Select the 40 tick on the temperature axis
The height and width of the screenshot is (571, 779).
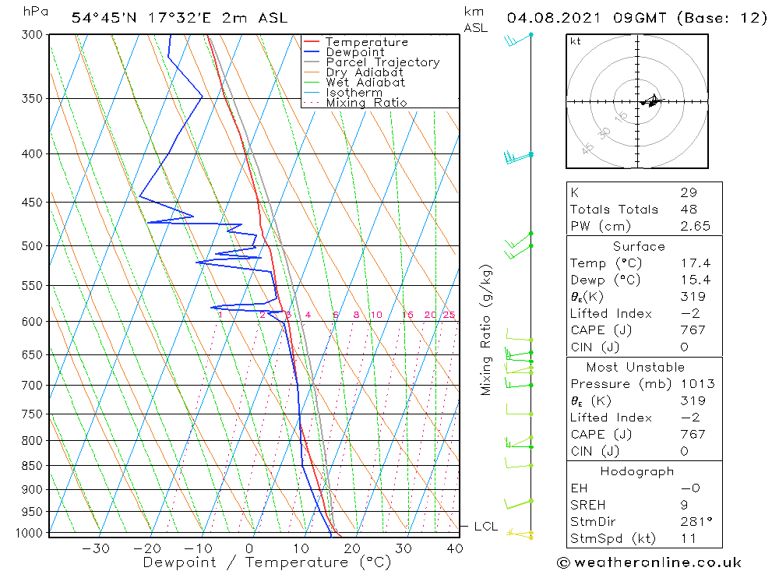455,548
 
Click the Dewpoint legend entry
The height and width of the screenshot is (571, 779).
355,52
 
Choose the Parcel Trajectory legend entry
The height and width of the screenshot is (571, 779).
382,62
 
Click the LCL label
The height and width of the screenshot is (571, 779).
486,527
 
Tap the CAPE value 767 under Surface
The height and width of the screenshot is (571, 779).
692,330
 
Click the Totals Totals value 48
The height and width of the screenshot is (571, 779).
688,210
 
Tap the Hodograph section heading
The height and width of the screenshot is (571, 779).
637,472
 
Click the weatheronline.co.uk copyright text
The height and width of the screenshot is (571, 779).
650,562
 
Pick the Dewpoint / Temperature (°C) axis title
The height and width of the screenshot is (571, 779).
266,562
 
